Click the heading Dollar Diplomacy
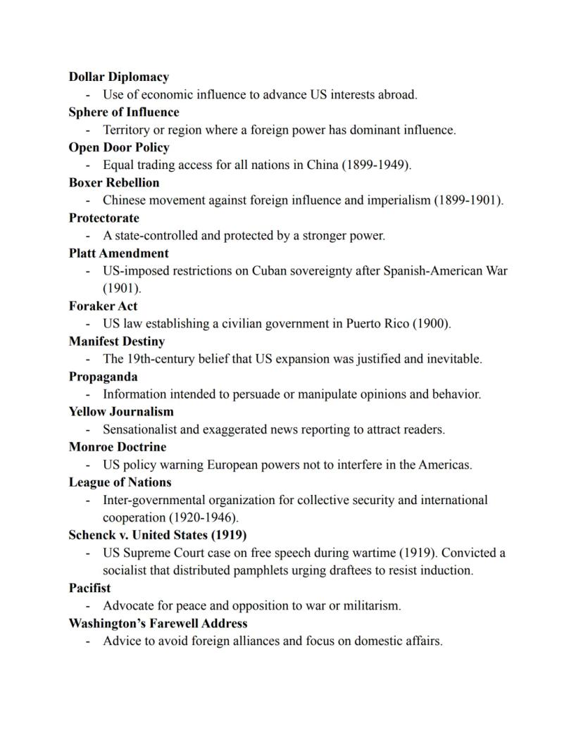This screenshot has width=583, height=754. click(118, 77)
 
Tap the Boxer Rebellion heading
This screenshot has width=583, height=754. click(114, 182)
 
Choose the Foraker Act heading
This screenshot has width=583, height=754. click(103, 306)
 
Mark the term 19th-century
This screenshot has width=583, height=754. click(156, 359)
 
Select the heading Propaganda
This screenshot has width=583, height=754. click(103, 377)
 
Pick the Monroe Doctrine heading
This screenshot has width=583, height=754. click(118, 447)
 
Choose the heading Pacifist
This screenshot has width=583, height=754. click(89, 588)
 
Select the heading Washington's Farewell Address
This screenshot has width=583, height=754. click(158, 623)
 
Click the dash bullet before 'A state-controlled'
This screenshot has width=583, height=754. click(88, 236)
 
